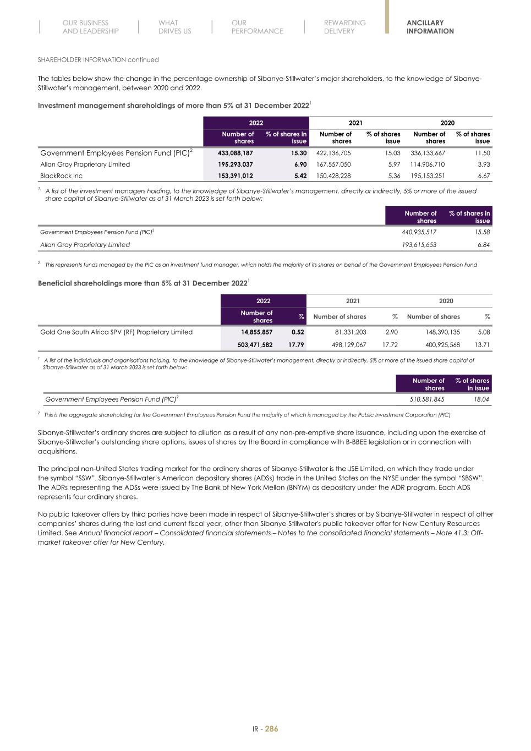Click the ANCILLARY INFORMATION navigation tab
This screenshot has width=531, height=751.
coord(430,27)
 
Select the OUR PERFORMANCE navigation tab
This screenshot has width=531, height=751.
coord(257,27)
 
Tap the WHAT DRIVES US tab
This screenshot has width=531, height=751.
coord(174,27)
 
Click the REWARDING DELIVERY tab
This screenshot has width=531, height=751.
coord(344,27)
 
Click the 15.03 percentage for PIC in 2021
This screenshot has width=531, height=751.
coord(392,153)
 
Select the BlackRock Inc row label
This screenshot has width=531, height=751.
coord(61,176)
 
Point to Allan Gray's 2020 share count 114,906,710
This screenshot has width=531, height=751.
coord(428,165)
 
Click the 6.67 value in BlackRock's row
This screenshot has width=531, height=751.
coord(483,176)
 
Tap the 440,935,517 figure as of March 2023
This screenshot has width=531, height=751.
coord(419,232)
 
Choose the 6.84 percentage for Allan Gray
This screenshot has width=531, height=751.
coord(483,245)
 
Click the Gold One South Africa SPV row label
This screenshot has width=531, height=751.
coord(116,332)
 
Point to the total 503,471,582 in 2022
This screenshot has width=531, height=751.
coord(251,345)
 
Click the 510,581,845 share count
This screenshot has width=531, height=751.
coord(427,399)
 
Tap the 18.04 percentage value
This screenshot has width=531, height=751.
coord(481,399)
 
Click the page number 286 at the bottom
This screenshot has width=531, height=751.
coord(271,729)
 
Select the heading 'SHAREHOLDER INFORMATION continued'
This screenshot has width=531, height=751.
coord(98,59)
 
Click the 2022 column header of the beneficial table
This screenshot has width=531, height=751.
coord(263,301)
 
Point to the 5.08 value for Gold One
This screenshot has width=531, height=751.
coord(484,332)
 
